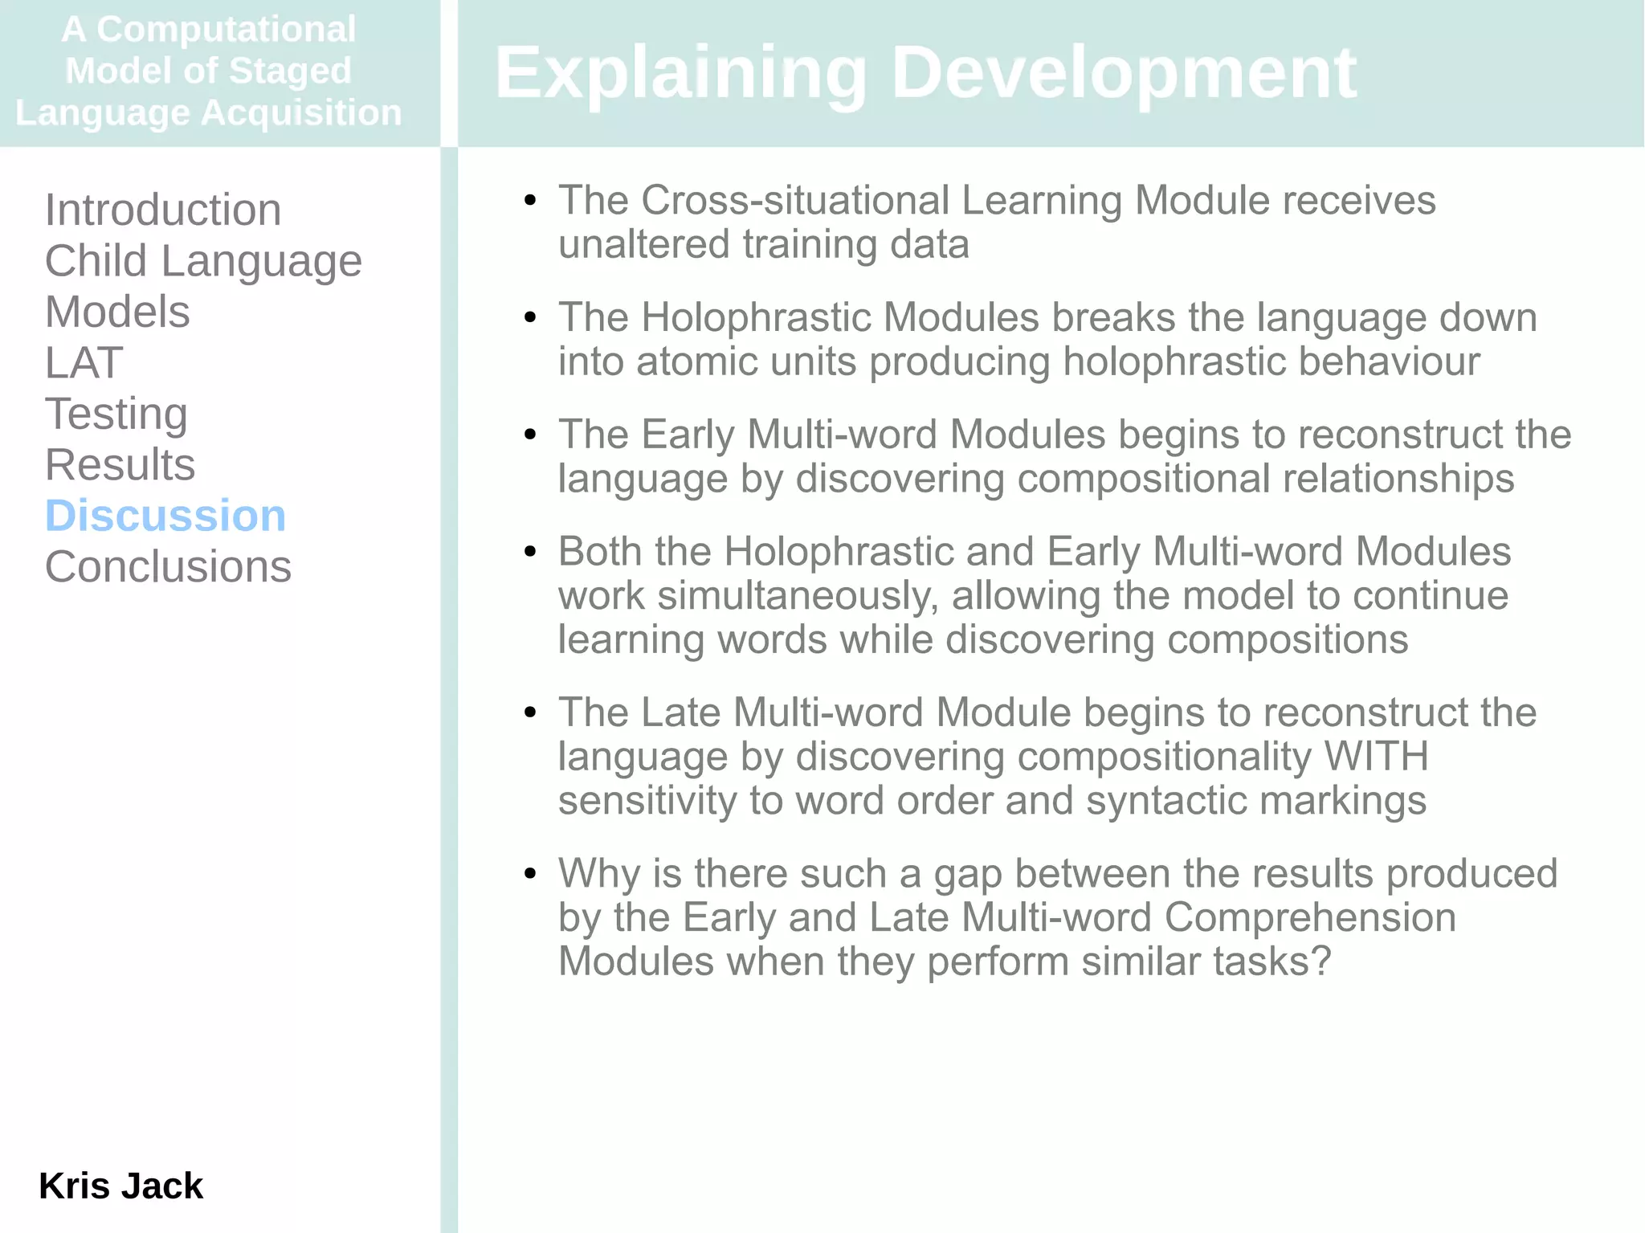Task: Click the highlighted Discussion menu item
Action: click(x=165, y=516)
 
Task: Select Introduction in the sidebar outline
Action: click(x=162, y=210)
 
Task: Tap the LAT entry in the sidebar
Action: click(x=84, y=363)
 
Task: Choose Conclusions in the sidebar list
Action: click(x=168, y=567)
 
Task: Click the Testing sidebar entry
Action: click(x=116, y=414)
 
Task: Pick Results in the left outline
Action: click(x=120, y=465)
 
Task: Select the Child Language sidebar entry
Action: click(x=202, y=261)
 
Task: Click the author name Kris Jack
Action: click(x=120, y=1186)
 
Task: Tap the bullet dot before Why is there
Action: click(x=529, y=873)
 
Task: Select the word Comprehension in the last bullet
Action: click(x=1309, y=917)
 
